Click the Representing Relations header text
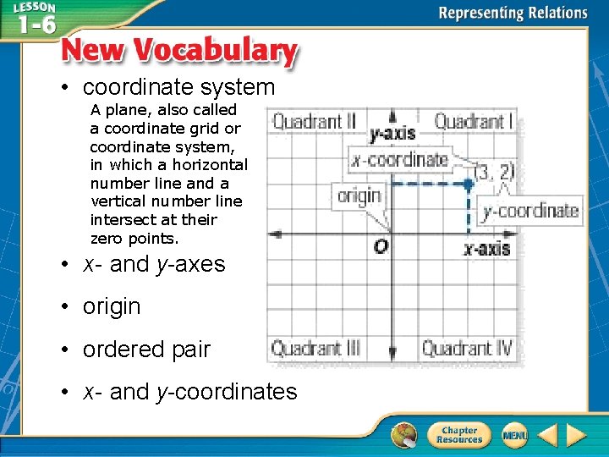coord(513,13)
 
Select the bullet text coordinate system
coord(178,87)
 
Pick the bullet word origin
coord(112,306)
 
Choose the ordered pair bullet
coord(146,349)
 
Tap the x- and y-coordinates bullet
coord(189,392)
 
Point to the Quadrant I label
coord(473,121)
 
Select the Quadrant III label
coord(315,348)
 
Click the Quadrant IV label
coord(468,348)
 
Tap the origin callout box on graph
coord(359,196)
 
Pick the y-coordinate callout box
coord(529,211)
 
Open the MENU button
coord(514,435)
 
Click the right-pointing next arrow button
coord(577,435)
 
